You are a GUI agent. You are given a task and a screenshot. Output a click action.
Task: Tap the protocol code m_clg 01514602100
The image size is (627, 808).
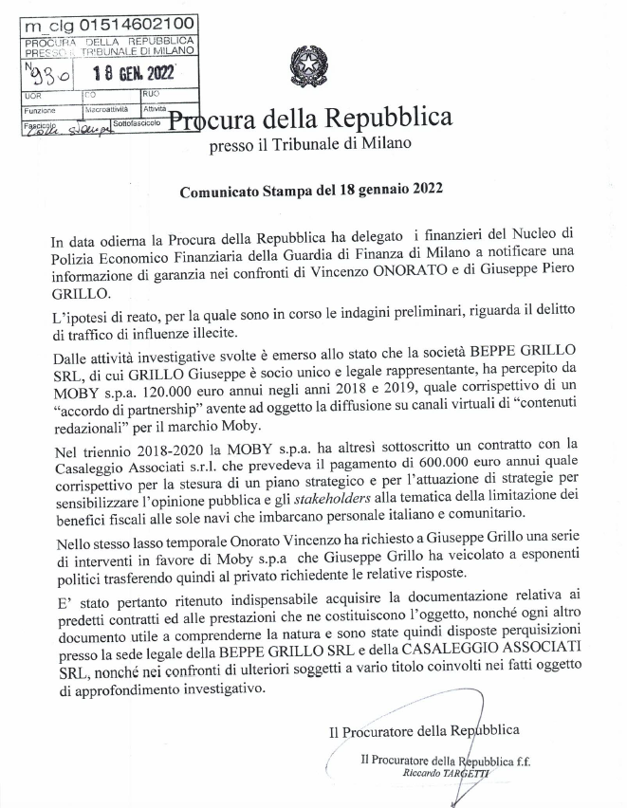(x=109, y=24)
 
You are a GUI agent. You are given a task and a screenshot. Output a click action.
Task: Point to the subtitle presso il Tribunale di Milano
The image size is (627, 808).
(x=311, y=144)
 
